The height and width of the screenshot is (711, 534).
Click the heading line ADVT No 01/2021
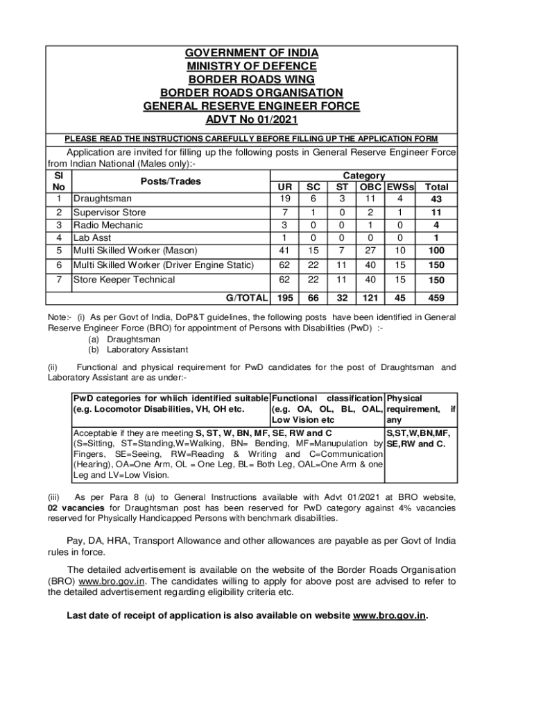(251, 119)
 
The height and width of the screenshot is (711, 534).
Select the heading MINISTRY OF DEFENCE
(251, 66)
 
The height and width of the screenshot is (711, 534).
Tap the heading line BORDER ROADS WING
(251, 79)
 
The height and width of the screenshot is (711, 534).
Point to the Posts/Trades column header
(171, 181)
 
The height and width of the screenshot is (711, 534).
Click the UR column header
(284, 187)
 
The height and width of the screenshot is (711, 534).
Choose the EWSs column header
(400, 187)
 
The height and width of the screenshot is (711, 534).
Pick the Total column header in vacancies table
(436, 187)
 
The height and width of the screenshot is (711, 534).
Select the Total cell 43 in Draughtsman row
(436, 199)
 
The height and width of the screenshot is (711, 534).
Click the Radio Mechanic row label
(108, 225)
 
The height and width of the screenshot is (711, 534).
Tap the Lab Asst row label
(96, 237)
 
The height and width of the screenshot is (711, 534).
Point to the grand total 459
(436, 298)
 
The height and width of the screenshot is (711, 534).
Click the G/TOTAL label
(247, 298)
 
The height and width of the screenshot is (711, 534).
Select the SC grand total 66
(313, 298)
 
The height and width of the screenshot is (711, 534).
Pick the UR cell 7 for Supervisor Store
(284, 212)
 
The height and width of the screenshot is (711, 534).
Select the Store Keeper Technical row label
(124, 280)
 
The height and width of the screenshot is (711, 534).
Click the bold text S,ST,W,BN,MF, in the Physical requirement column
(420, 433)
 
